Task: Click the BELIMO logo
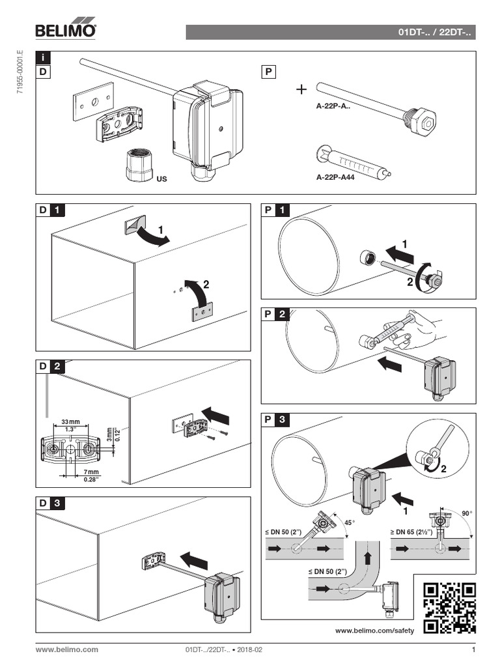[66, 30]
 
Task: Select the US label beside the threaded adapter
[161, 177]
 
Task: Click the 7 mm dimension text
[90, 472]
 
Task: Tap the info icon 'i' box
[43, 60]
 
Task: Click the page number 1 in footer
[473, 649]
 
